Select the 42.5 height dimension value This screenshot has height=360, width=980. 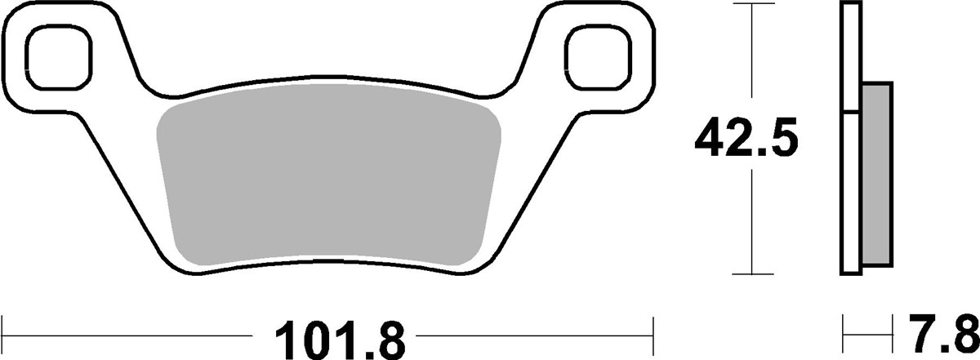pyautogui.click(x=745, y=140)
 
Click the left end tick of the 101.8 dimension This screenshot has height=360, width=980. pyautogui.click(x=4, y=334)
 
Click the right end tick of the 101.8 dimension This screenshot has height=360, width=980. pyautogui.click(x=653, y=334)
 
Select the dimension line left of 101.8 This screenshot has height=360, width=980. pyautogui.click(x=131, y=334)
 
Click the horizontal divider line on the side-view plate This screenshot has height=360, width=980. pyautogui.click(x=850, y=112)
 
